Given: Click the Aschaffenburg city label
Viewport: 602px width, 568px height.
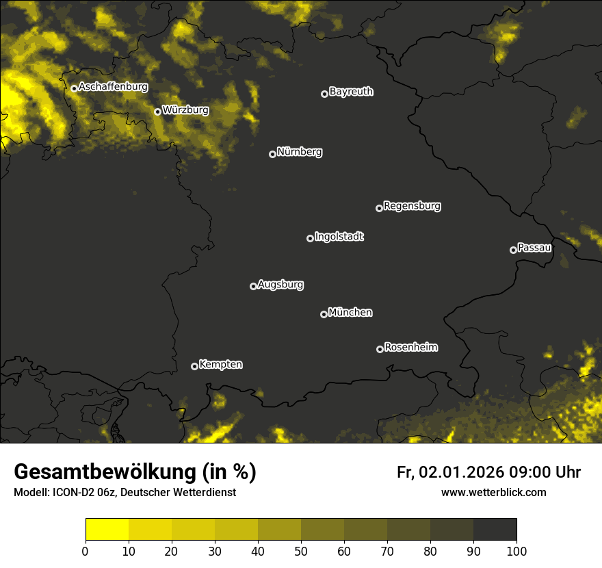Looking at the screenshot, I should coord(113,87).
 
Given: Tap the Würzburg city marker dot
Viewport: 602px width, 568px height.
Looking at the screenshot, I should coord(157,112).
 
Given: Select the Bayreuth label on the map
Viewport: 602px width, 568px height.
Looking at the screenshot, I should coord(351,92).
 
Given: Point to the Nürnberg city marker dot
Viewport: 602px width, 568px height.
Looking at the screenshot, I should coord(272,154).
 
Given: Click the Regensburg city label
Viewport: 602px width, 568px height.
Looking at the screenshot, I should coord(412,205).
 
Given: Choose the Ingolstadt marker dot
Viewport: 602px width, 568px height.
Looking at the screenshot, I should coord(310,238).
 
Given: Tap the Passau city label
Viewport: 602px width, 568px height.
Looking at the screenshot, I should coord(534,247).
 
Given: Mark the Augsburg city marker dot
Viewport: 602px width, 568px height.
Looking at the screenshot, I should coord(253,286).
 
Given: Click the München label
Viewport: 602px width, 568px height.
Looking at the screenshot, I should coord(350,312).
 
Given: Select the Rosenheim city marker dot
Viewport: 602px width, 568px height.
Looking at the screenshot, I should coord(380,349).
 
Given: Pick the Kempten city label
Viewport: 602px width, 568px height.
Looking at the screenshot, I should coord(221,364).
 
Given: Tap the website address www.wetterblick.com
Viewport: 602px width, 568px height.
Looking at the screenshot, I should coord(493,492).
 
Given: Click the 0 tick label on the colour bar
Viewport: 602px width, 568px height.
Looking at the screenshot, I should coord(86,550).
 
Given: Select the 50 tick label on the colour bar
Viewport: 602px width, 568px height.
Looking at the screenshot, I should coord(301,550).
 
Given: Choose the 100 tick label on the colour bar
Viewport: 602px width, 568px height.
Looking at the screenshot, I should coord(516,550).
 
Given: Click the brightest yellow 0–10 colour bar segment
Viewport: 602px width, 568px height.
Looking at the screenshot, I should coord(107,530).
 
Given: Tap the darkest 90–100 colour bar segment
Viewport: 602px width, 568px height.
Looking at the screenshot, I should coord(495,530).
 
